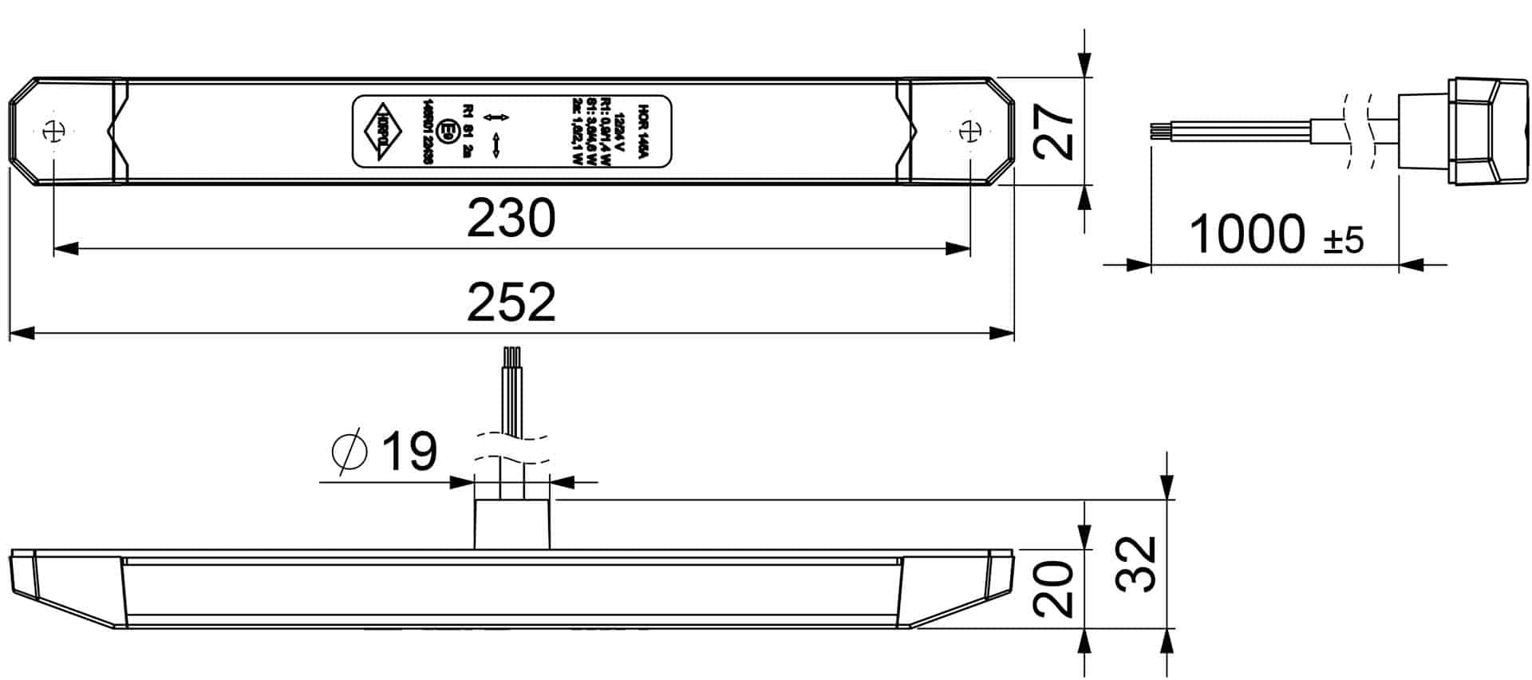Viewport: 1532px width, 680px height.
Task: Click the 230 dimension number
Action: tap(511, 218)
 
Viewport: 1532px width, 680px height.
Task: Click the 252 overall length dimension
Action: tap(511, 302)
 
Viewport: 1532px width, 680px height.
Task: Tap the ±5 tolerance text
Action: tap(1344, 240)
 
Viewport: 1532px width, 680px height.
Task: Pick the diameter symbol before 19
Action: tap(349, 452)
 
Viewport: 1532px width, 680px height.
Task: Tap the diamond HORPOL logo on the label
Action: tap(384, 132)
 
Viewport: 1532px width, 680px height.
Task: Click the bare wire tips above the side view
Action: tap(511, 356)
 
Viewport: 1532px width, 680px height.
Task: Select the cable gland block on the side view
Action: tap(512, 524)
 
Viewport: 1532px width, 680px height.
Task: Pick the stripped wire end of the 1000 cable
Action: tap(1157, 132)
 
